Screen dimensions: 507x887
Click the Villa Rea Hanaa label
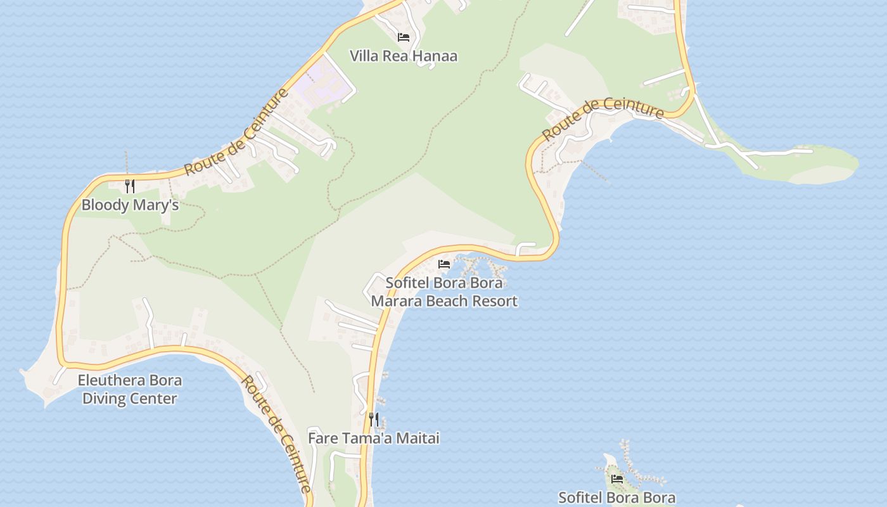(404, 56)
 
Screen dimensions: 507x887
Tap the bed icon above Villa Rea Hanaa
(404, 37)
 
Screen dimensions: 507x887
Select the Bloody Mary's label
(130, 205)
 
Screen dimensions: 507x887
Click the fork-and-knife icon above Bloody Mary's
(130, 186)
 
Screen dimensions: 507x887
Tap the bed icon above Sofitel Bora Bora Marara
(444, 264)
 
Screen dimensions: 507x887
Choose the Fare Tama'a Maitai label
(373, 438)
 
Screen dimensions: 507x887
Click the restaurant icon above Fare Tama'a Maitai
(374, 419)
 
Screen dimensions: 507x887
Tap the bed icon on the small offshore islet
(617, 479)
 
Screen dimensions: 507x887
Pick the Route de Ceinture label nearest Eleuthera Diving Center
(278, 435)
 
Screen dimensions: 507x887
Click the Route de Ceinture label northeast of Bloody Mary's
(237, 132)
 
